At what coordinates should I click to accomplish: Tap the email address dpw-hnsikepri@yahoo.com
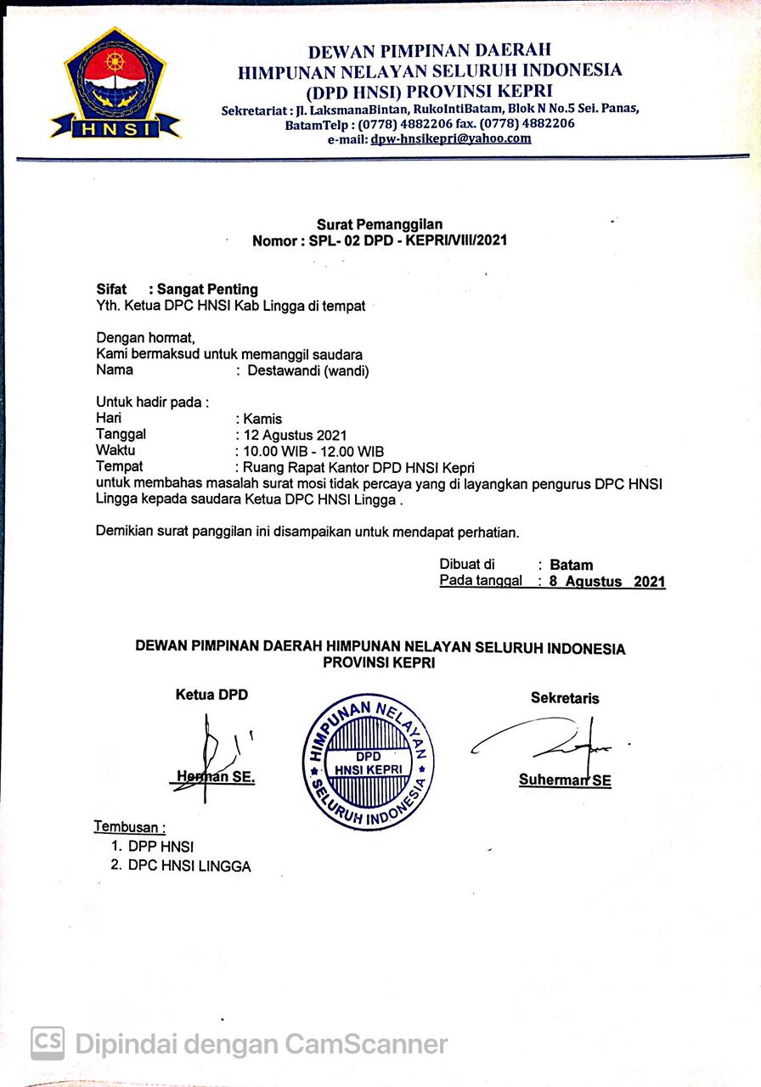(x=451, y=139)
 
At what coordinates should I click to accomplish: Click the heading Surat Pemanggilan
(x=380, y=224)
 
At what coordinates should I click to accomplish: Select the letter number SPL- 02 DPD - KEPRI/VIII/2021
(x=380, y=240)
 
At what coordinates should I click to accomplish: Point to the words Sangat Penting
(x=207, y=290)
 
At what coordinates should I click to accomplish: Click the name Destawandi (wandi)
(x=308, y=370)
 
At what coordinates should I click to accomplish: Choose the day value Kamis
(x=262, y=419)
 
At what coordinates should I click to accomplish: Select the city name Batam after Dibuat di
(x=572, y=565)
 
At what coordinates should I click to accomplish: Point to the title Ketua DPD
(x=211, y=695)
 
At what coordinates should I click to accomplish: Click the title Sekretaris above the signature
(x=565, y=698)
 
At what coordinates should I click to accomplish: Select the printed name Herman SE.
(x=217, y=777)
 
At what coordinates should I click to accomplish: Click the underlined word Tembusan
(x=129, y=826)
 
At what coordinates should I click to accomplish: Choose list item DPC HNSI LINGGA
(x=189, y=866)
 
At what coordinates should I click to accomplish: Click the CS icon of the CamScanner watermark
(x=48, y=1042)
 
